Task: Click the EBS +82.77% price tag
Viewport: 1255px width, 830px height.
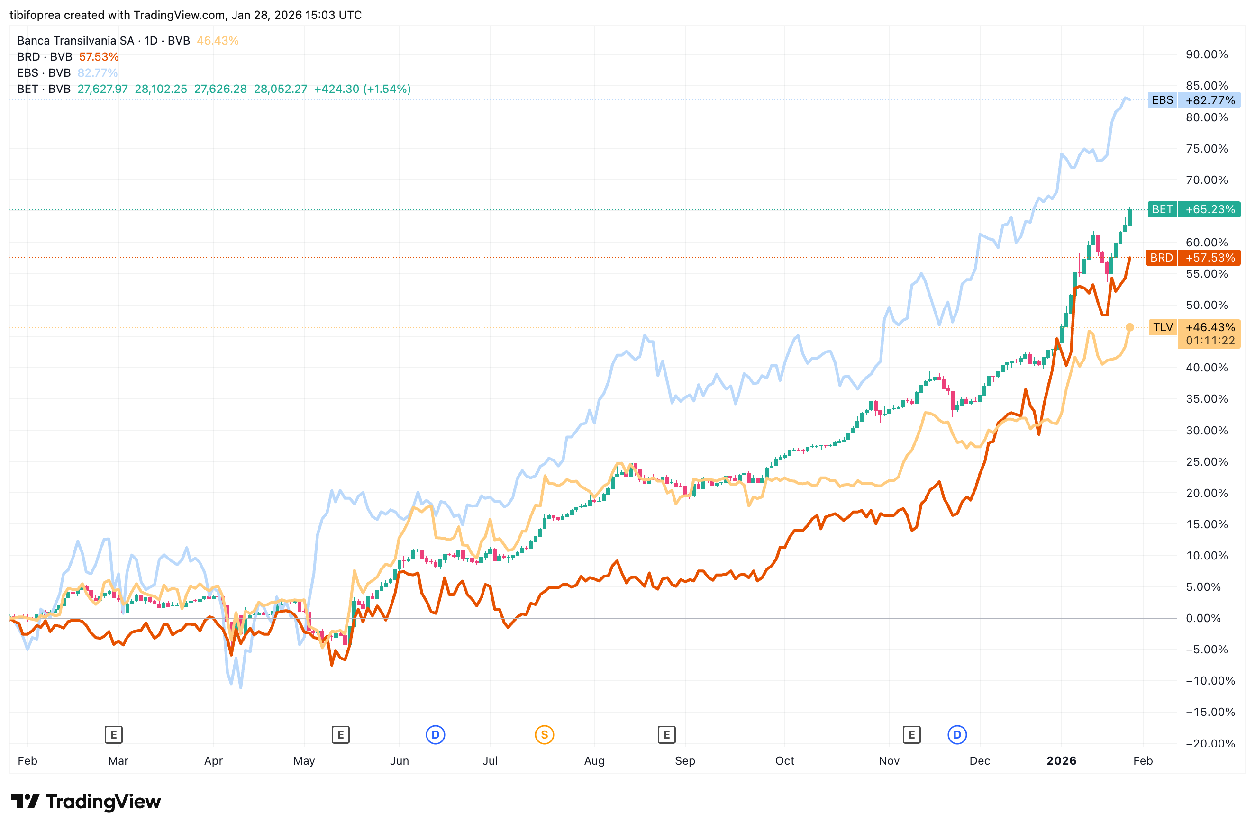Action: click(x=1193, y=100)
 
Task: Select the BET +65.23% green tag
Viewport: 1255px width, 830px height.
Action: click(x=1193, y=209)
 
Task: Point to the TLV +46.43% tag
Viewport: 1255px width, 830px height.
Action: click(x=1193, y=328)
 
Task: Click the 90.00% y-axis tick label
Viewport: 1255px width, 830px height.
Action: click(x=1206, y=54)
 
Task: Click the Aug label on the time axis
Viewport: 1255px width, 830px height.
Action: click(x=594, y=761)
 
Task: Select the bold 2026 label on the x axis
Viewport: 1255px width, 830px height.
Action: click(x=1061, y=761)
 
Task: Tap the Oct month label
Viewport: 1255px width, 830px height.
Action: click(x=784, y=761)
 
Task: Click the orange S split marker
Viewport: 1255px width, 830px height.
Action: click(x=545, y=735)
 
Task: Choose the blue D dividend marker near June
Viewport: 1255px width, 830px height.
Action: click(x=435, y=735)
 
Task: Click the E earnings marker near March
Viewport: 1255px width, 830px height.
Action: click(x=113, y=735)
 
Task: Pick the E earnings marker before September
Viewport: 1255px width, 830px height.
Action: click(x=666, y=735)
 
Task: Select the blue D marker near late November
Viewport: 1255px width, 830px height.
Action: click(x=957, y=735)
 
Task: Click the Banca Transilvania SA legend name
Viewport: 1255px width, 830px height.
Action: click(x=75, y=41)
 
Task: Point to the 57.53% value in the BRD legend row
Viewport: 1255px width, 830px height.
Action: click(x=99, y=57)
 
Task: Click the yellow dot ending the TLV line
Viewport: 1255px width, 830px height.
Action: click(x=1129, y=328)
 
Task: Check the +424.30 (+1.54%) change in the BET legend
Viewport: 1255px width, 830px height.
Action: click(x=362, y=89)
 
